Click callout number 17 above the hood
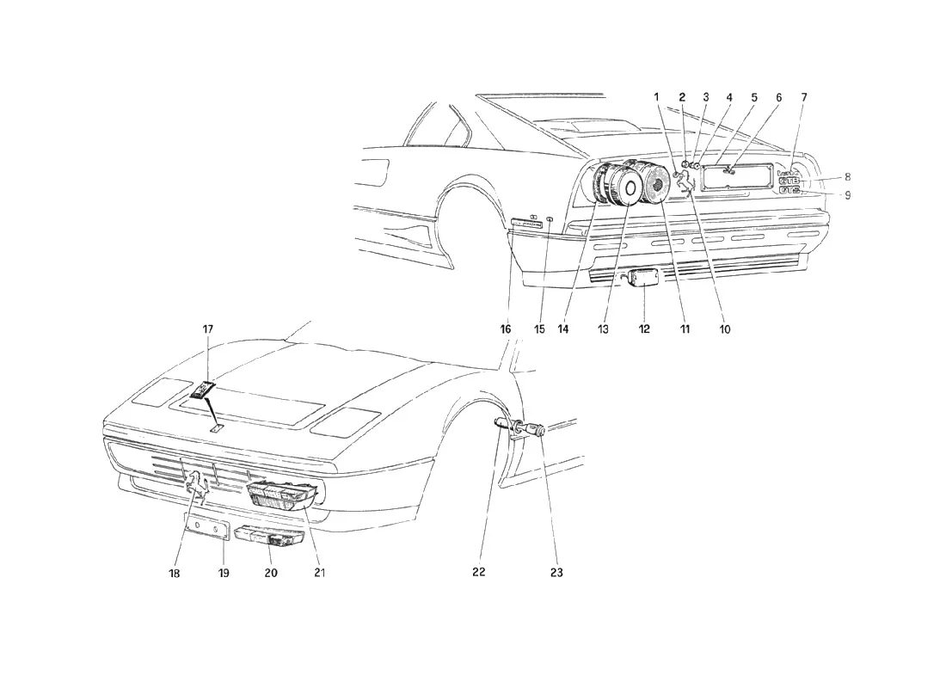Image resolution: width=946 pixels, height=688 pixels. [x=207, y=329]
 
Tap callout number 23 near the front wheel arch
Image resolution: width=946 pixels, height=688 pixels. [x=556, y=572]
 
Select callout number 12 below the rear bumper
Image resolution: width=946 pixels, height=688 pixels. [x=644, y=329]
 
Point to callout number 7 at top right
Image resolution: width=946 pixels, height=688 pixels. [x=803, y=96]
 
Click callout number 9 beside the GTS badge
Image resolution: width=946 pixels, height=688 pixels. [x=848, y=195]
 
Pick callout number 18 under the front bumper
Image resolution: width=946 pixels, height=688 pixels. [x=174, y=573]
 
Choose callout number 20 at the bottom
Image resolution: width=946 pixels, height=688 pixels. [x=271, y=572]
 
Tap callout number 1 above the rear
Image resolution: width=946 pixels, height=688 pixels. [x=657, y=96]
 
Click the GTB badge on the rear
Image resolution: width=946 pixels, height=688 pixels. [x=789, y=181]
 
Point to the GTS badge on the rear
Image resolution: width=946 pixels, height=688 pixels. [x=789, y=190]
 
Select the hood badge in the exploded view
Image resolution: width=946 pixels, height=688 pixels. [x=204, y=390]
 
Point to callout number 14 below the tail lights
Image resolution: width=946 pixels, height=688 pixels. [x=563, y=329]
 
